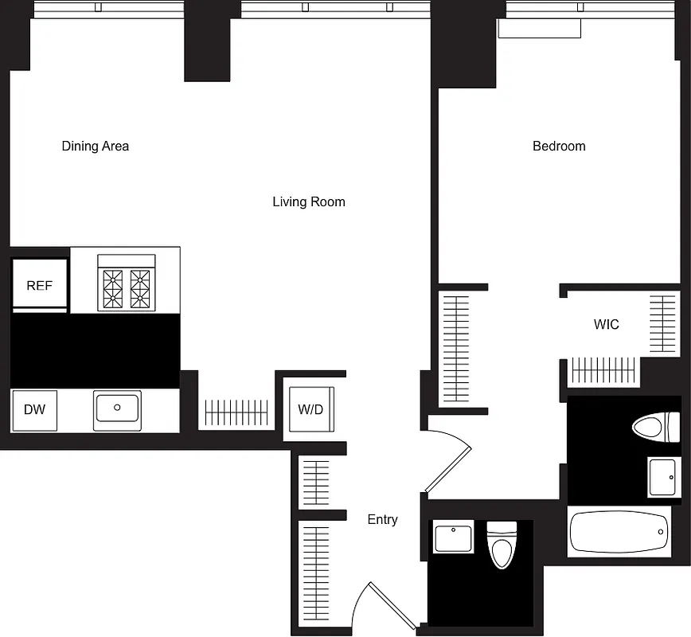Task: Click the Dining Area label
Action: click(x=96, y=147)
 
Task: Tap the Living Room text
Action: click(x=309, y=202)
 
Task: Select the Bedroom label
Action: click(x=559, y=147)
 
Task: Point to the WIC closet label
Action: click(x=606, y=325)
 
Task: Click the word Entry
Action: click(x=382, y=520)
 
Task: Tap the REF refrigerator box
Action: click(x=39, y=285)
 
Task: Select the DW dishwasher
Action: click(x=34, y=410)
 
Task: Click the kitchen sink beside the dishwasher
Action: click(x=117, y=409)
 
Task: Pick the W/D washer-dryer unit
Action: click(x=310, y=409)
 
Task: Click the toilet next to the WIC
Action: click(x=656, y=428)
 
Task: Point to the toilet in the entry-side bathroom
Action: click(x=501, y=545)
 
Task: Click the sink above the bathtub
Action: click(x=662, y=477)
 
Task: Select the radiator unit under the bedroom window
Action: click(x=539, y=28)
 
